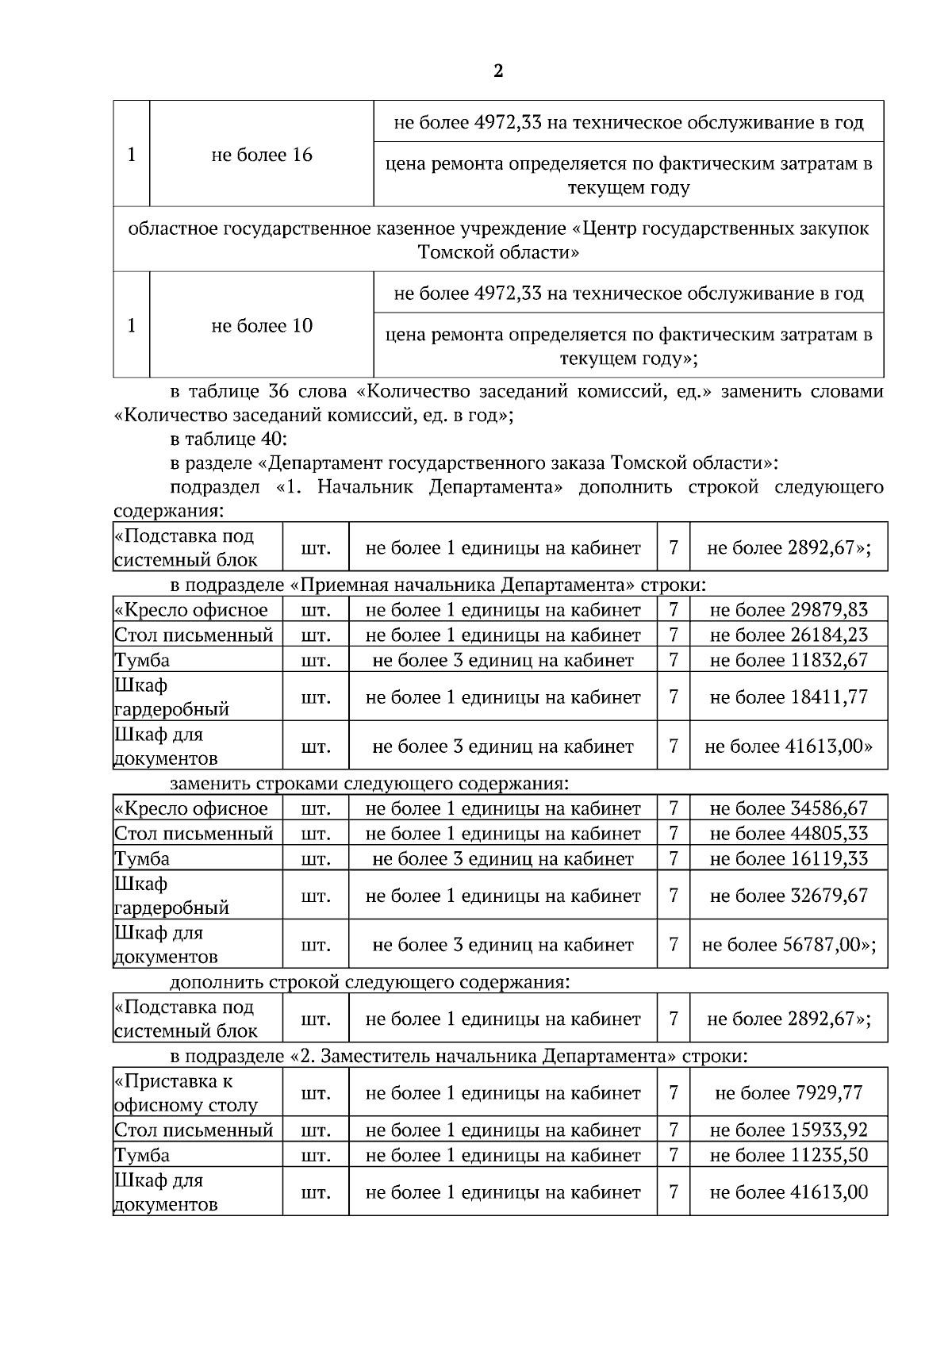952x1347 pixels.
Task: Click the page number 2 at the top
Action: tap(497, 72)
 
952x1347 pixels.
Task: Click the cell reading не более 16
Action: tap(262, 155)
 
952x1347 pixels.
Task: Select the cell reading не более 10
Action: tap(262, 325)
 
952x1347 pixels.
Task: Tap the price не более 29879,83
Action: tap(788, 609)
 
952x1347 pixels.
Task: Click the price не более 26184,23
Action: tap(788, 635)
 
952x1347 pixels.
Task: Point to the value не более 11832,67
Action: tap(788, 659)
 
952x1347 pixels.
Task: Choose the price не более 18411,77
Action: tap(788, 697)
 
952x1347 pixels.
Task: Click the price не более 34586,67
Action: tap(788, 808)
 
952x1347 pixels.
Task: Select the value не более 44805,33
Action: tap(788, 833)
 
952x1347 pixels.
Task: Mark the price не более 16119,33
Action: tap(788, 858)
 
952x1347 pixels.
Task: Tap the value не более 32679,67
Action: tap(788, 895)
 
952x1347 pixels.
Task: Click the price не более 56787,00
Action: tap(788, 945)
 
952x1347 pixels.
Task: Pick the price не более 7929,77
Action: tap(788, 1093)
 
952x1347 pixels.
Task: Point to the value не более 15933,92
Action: tap(788, 1130)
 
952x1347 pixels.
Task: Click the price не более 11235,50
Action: tap(788, 1155)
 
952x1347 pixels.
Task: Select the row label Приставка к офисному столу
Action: tap(186, 1093)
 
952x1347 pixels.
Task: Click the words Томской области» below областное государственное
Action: tap(498, 253)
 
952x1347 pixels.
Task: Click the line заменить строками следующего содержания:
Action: tap(369, 784)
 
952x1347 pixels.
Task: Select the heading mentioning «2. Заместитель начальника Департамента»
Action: tap(459, 1057)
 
